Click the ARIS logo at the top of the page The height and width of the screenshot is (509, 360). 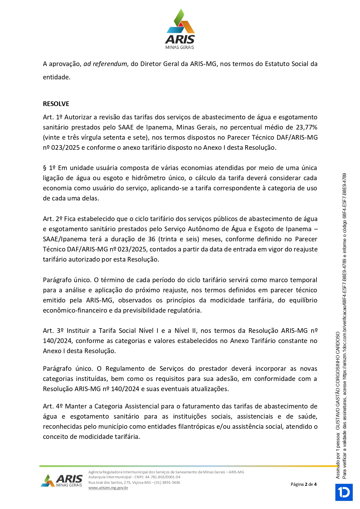click(x=180, y=29)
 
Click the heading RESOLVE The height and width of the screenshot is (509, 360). click(x=56, y=104)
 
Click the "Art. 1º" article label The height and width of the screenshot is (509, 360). click(x=52, y=117)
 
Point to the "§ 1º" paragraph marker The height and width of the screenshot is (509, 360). click(x=49, y=168)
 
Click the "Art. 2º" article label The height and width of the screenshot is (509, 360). click(x=52, y=219)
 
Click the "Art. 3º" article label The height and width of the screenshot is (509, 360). click(x=53, y=331)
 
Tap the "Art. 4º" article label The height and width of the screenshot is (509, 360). click(x=53, y=406)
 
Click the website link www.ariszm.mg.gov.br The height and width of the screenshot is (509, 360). click(x=108, y=488)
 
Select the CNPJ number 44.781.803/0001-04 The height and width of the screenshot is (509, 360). click(x=163, y=477)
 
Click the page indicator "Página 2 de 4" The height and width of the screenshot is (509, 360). click(x=303, y=484)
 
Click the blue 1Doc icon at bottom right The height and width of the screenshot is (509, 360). click(x=344, y=492)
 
